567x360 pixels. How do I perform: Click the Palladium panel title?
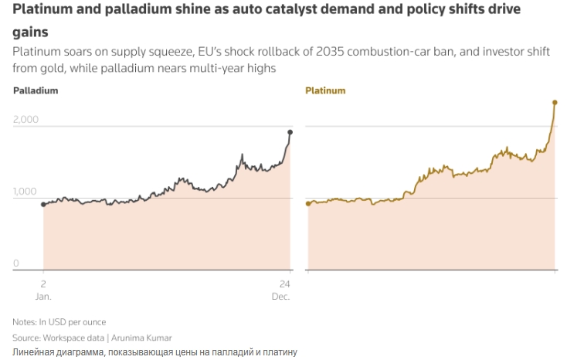click(36, 90)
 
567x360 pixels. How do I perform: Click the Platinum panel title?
click(325, 90)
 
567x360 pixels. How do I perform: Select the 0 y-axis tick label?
click(15, 263)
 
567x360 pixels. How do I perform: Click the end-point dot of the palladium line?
click(290, 132)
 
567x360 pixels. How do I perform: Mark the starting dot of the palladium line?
click(43, 205)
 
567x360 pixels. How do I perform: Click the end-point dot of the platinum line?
click(555, 102)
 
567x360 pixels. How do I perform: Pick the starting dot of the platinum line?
click(308, 204)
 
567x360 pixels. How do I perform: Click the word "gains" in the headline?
click(29, 32)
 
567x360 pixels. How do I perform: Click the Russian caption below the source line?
click(154, 352)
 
